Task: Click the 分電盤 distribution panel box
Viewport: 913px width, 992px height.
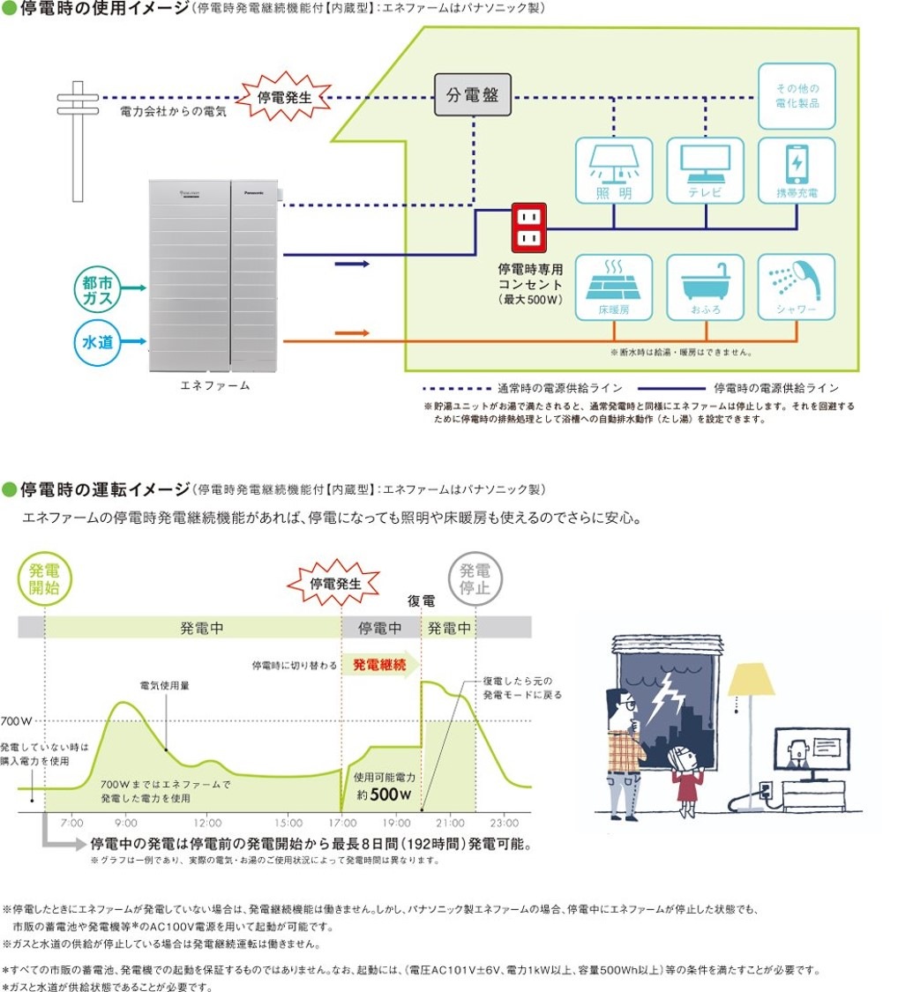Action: tap(473, 95)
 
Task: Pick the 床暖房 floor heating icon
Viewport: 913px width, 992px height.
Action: tap(614, 287)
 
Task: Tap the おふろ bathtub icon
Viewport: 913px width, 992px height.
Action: tap(706, 287)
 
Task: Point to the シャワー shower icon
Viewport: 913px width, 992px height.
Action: tap(797, 287)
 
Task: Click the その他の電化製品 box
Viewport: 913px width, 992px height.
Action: tap(797, 96)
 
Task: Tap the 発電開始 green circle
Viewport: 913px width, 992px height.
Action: tap(44, 578)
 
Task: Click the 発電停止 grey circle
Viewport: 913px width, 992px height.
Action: tap(475, 578)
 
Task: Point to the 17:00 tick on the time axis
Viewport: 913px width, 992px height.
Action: tap(341, 822)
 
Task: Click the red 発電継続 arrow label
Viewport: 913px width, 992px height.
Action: tap(379, 665)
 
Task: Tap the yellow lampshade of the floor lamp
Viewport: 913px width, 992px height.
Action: tap(751, 679)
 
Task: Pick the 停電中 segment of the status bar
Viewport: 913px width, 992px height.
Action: tap(380, 628)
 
